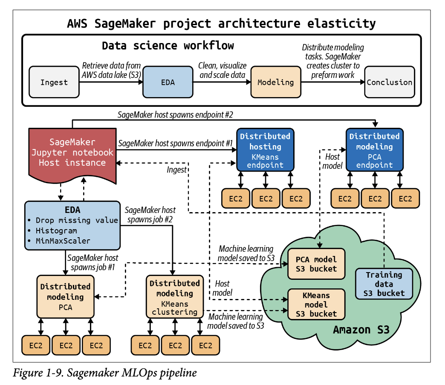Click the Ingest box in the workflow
54,82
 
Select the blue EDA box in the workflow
168,82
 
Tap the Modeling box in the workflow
276,82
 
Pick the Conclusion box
390,82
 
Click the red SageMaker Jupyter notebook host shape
72,152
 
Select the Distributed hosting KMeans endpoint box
266,150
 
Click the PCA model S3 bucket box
316,264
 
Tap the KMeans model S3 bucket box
316,304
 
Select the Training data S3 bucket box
384,283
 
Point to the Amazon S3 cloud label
361,329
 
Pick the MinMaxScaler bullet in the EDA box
63,241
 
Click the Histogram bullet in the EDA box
56,230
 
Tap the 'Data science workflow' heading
168,46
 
